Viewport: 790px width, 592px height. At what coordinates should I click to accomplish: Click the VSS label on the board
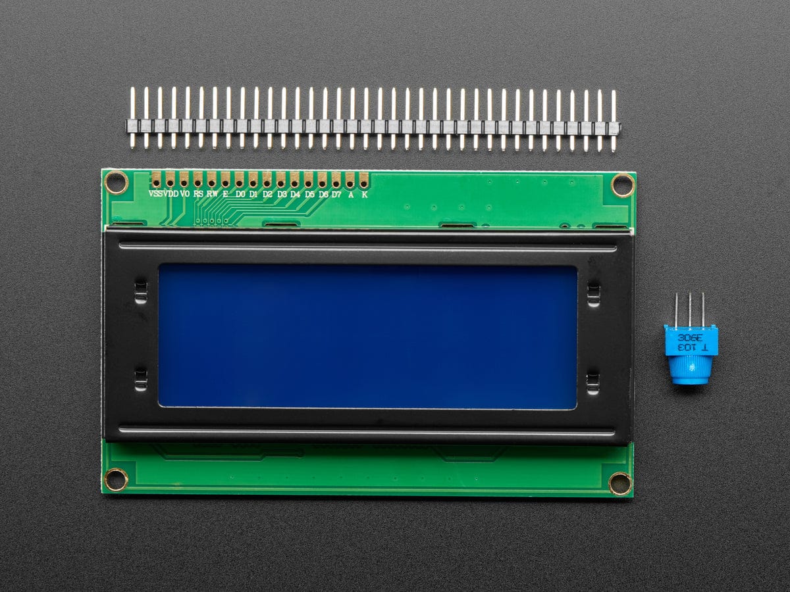[x=156, y=194]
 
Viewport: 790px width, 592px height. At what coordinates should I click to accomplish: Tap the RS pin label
[x=198, y=194]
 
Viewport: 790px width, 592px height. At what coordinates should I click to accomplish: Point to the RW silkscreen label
[x=212, y=194]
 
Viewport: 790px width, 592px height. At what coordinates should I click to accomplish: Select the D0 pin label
[x=240, y=194]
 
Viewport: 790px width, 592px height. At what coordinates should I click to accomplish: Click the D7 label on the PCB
[x=336, y=194]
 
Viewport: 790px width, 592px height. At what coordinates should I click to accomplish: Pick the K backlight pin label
[x=364, y=194]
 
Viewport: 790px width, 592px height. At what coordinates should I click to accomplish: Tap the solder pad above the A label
[x=350, y=178]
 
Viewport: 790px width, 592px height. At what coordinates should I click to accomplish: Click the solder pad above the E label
[x=226, y=178]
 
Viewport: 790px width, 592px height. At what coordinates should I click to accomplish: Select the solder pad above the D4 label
[x=295, y=178]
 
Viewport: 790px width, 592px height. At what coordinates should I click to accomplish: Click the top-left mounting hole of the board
[x=117, y=182]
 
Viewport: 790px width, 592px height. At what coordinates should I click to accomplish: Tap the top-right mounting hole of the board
[x=622, y=184]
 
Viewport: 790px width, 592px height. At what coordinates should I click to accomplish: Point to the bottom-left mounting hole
[x=116, y=479]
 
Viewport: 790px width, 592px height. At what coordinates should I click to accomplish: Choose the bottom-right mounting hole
[x=620, y=483]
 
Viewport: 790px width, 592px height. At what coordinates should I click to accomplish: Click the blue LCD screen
[x=367, y=335]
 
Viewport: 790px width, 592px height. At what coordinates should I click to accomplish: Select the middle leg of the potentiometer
[x=690, y=309]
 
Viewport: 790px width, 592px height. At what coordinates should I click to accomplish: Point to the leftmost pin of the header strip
[x=132, y=118]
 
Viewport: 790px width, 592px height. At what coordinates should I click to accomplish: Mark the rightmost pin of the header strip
[x=614, y=120]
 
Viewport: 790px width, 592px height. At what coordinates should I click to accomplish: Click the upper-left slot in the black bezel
[x=140, y=291]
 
